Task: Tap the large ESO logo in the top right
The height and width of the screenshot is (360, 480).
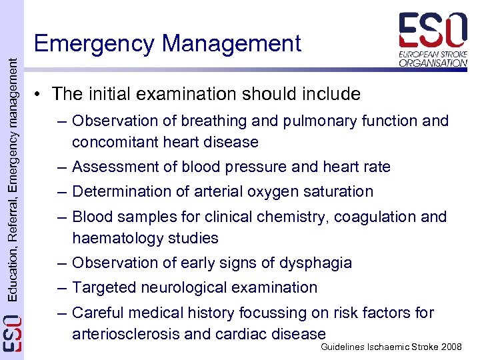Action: tap(433, 39)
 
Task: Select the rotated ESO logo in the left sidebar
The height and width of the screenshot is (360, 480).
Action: tap(12, 333)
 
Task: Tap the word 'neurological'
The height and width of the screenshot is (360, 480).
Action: tap(183, 288)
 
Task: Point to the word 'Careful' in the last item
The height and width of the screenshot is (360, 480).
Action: tap(99, 313)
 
